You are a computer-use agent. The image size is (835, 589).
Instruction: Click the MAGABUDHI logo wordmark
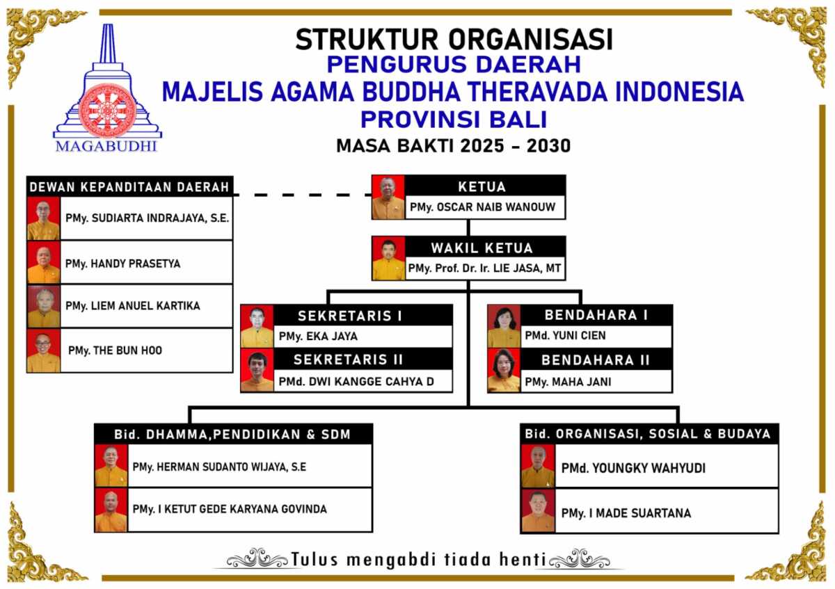[x=106, y=146]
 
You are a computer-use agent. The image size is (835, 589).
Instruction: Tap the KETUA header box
[x=484, y=186]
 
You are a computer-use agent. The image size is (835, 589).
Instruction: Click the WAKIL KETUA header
[x=485, y=248]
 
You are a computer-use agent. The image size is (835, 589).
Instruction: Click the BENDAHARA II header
[x=596, y=360]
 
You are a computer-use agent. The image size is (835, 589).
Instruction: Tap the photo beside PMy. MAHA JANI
[x=504, y=370]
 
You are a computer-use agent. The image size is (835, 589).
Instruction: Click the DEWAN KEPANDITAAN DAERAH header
[x=129, y=187]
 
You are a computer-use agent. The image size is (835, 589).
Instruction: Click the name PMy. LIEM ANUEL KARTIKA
[x=132, y=306]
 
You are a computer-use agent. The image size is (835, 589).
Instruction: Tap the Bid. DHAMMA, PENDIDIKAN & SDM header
[x=232, y=435]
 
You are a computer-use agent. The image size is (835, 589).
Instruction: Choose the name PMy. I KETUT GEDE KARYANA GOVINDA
[x=229, y=509]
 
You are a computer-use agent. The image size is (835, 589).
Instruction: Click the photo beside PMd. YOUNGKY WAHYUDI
[x=538, y=467]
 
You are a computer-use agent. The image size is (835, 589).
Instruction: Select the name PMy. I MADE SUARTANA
[x=626, y=513]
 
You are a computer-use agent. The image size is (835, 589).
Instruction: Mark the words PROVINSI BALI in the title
[x=453, y=119]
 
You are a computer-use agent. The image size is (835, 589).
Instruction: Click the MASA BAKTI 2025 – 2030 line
[x=453, y=146]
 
